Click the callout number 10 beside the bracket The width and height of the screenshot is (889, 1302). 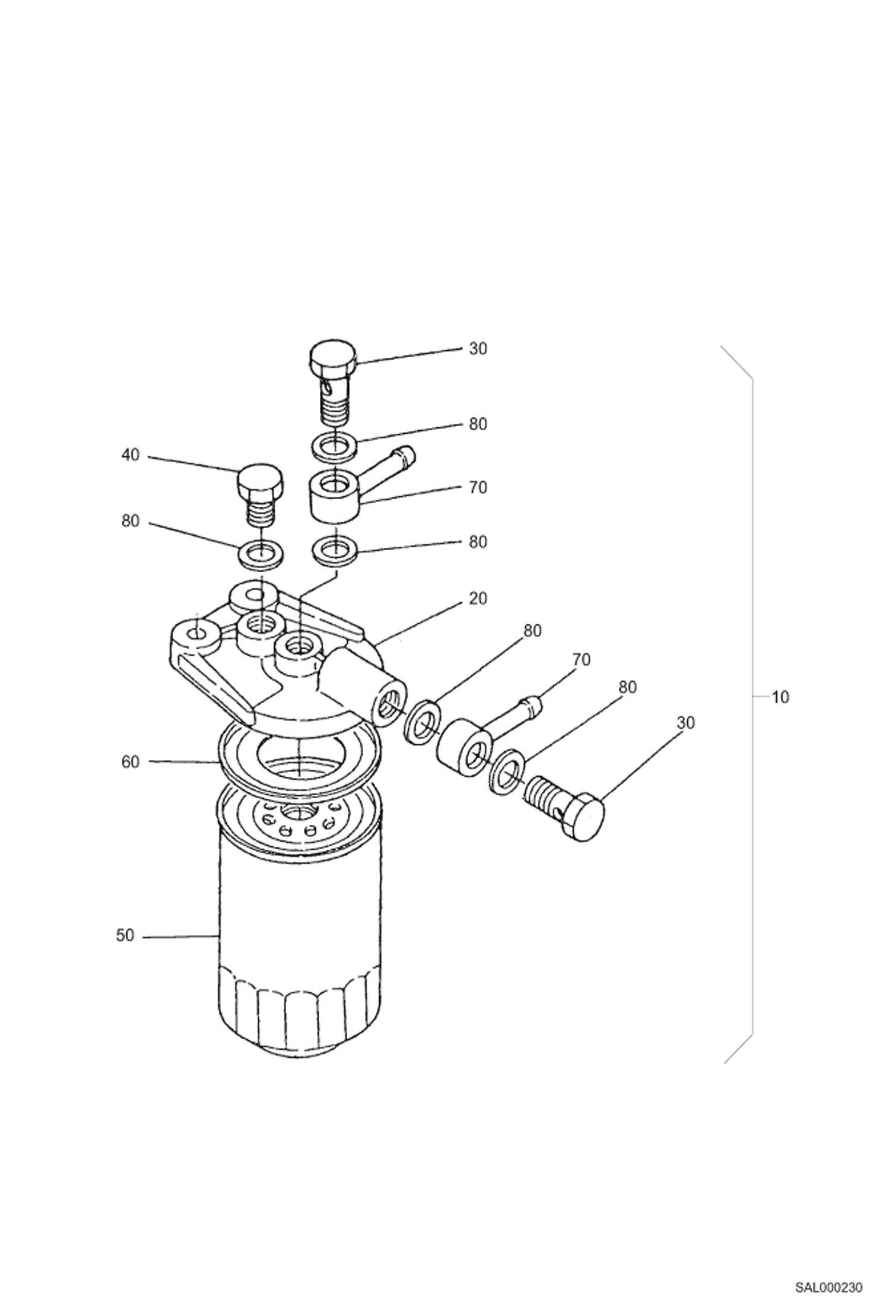tap(780, 697)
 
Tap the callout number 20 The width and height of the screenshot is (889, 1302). tap(477, 599)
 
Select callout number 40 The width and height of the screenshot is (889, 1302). tap(130, 455)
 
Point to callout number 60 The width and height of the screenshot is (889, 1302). tap(130, 761)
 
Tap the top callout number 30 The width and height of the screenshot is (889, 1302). tap(477, 349)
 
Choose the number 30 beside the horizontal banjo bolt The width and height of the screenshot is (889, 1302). tap(685, 723)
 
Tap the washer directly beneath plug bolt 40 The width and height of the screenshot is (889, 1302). tap(260, 554)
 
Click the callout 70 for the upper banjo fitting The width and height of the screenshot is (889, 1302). tap(477, 488)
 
